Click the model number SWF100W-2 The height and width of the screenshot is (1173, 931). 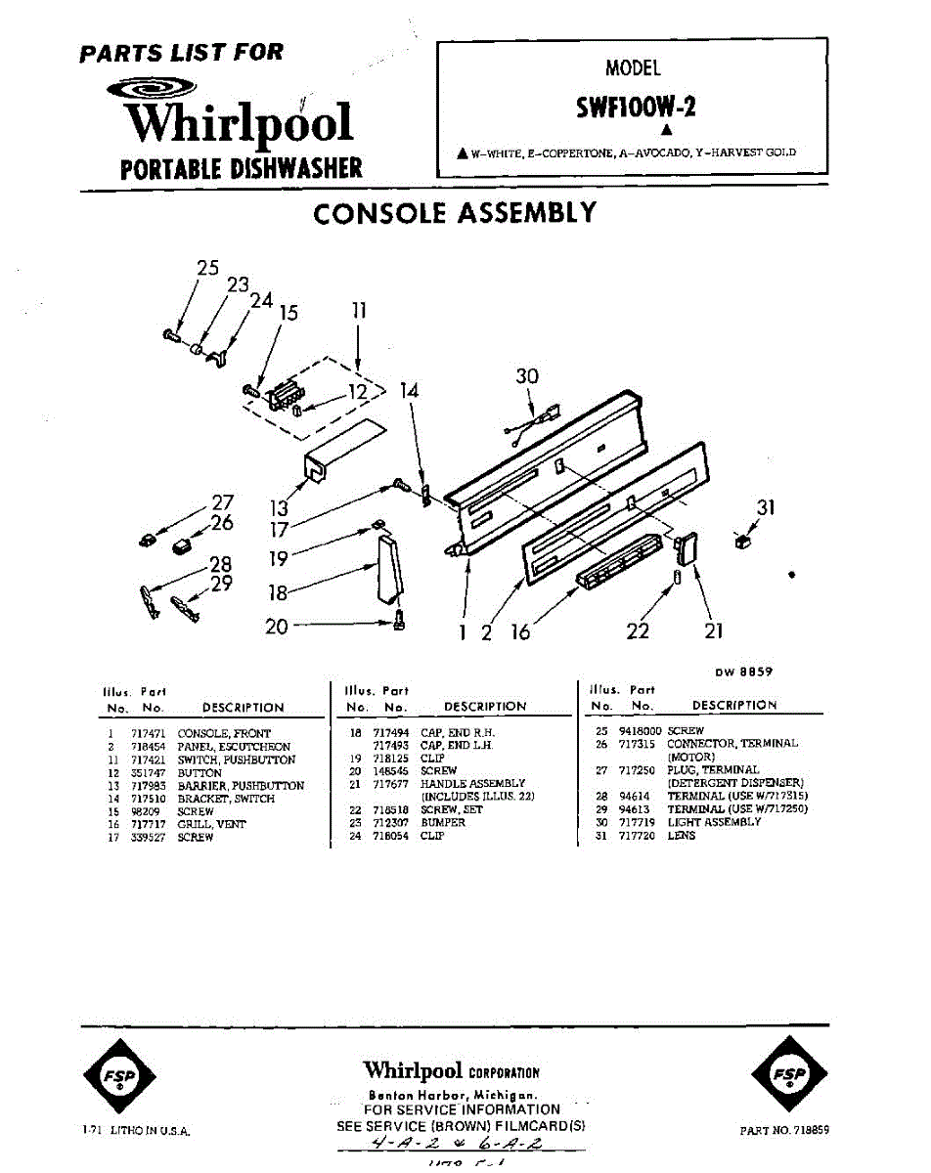coord(636,106)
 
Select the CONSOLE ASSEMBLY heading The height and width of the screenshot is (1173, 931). coord(455,213)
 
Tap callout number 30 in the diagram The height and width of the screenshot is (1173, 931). coord(527,376)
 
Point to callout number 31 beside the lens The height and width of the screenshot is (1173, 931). coord(766,506)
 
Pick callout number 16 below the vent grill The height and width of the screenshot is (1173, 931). coord(520,633)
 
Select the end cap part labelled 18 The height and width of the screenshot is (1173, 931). coord(389,569)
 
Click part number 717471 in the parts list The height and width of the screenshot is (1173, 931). coord(147,733)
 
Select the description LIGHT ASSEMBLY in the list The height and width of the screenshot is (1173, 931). coord(714,823)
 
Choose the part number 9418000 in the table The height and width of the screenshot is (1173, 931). coord(641,731)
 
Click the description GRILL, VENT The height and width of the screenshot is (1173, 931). coord(211,824)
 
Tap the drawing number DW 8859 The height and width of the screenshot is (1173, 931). coord(744,672)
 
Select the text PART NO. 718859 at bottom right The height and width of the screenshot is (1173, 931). coord(784,1130)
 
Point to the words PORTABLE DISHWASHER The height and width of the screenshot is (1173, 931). coord(241,167)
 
